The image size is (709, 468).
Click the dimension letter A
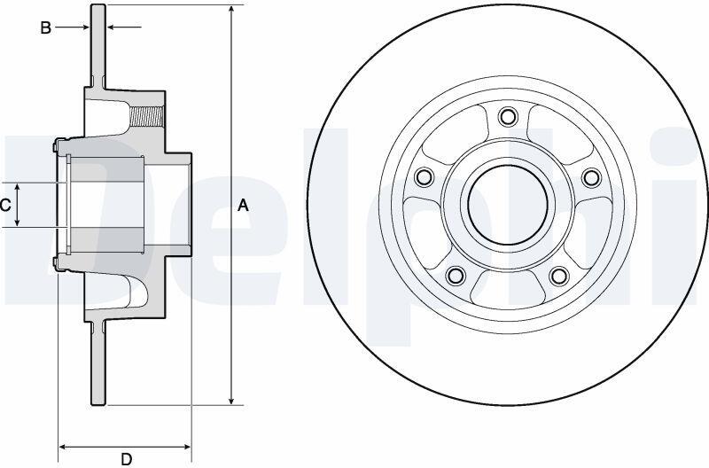point(243,206)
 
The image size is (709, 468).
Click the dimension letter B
point(46,28)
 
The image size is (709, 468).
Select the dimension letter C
point(5,206)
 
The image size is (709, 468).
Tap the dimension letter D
point(127,459)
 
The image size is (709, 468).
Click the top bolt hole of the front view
point(508,116)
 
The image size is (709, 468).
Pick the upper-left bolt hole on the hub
point(425,176)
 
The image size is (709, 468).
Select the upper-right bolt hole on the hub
point(591,176)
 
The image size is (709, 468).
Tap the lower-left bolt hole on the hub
point(456,275)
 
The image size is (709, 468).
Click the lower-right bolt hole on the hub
point(559,275)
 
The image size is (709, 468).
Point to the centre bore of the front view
point(508,205)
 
